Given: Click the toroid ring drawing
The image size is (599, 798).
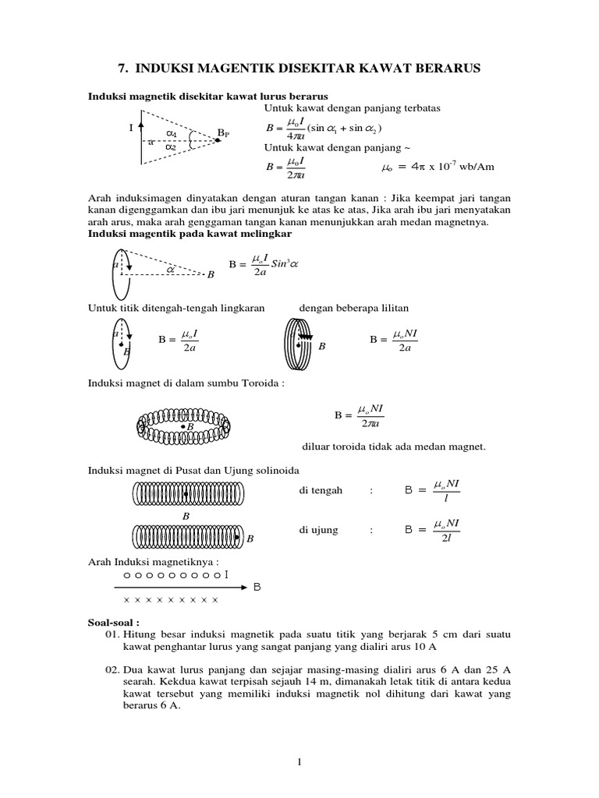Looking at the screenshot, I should [183, 425].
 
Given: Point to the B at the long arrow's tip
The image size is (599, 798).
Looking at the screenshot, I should [257, 588].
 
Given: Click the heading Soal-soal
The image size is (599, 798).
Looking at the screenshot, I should [113, 623].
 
